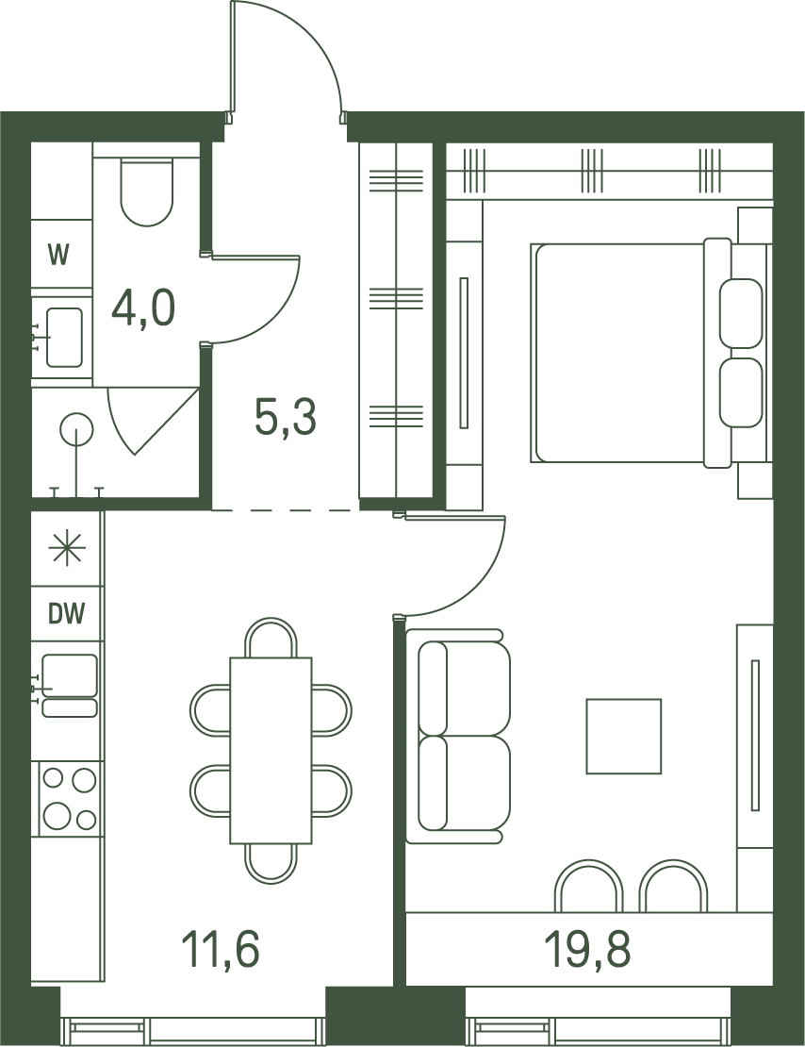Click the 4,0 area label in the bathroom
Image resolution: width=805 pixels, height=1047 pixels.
click(x=143, y=308)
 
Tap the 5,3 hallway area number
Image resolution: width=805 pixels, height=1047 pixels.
click(x=286, y=417)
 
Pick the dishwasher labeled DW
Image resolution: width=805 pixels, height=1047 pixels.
click(x=68, y=613)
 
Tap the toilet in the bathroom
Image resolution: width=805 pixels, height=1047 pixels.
click(x=147, y=191)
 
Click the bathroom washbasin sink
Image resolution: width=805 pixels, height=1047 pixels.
click(x=64, y=337)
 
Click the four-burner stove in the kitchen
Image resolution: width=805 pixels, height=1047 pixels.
click(x=69, y=798)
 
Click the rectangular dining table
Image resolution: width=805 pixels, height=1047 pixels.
click(x=271, y=750)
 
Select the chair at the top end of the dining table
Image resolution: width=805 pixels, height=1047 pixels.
click(x=271, y=638)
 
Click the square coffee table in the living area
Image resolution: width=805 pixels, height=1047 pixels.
click(x=623, y=736)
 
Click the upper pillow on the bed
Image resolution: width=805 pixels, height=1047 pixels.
click(x=741, y=312)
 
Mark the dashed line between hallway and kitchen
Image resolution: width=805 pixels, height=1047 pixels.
click(x=286, y=510)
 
